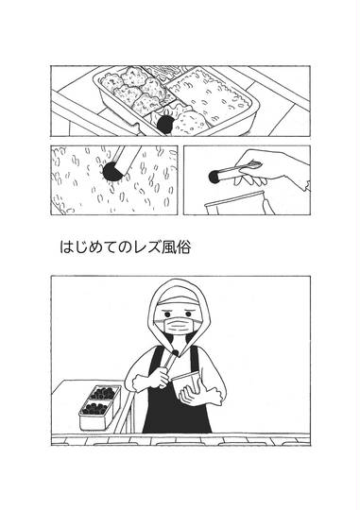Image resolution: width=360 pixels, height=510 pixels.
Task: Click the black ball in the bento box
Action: tap(165, 125)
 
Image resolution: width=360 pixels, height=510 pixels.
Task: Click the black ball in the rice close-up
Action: tap(112, 171)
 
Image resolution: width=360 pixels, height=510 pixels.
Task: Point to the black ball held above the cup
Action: tap(214, 177)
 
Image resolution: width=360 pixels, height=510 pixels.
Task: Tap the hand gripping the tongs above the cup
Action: tap(273, 169)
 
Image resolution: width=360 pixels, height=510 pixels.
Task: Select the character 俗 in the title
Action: tap(183, 246)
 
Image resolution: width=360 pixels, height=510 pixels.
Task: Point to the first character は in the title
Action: tap(66, 246)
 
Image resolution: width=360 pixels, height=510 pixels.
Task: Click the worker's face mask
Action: tap(180, 326)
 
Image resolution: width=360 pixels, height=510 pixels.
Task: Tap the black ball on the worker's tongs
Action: tap(176, 352)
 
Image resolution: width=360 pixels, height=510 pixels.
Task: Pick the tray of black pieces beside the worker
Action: tap(100, 406)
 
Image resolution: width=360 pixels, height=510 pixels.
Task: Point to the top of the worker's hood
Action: tap(179, 280)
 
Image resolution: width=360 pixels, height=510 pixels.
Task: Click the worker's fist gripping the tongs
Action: tap(150, 377)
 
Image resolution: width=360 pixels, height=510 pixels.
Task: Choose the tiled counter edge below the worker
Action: tap(180, 440)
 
